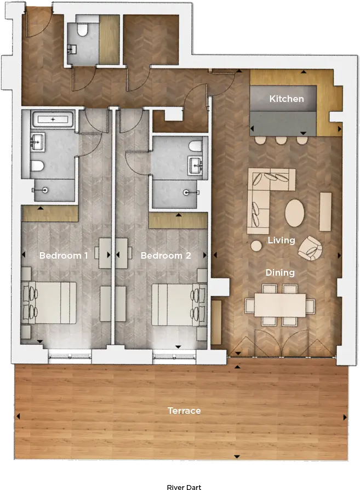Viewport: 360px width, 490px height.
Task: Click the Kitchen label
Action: [287, 99]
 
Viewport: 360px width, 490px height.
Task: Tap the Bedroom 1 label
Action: [64, 255]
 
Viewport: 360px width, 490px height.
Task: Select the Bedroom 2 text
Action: [165, 255]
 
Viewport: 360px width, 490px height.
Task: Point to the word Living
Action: [281, 240]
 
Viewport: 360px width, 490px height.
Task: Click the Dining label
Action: [280, 273]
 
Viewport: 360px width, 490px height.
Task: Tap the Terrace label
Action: [184, 411]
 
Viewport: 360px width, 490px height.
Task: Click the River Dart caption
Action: [184, 487]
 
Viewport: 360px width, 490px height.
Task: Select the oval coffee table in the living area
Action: [294, 213]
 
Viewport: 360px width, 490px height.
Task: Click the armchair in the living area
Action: [310, 248]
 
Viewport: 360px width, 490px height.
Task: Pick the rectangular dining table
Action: [280, 305]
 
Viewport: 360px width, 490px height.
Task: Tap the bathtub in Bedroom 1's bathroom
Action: [53, 119]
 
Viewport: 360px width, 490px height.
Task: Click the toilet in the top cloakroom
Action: [83, 29]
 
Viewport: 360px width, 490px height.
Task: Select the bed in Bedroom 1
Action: [49, 303]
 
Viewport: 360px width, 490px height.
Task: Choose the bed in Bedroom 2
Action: [179, 305]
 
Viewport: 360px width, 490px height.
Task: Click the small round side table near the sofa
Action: [256, 246]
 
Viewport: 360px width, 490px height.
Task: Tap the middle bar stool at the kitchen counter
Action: [281, 140]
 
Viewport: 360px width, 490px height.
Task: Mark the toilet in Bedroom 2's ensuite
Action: [196, 146]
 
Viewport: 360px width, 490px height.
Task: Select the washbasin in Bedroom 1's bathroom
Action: [38, 141]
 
